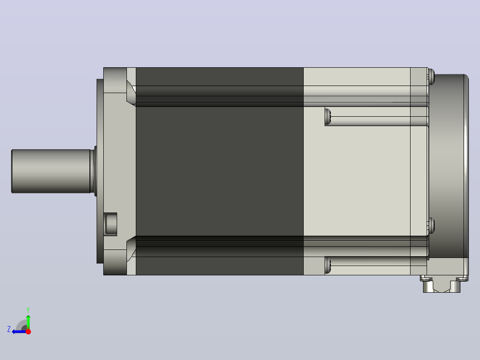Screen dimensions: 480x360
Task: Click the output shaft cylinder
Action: click(x=51, y=171)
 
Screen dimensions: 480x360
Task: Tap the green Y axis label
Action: click(x=28, y=310)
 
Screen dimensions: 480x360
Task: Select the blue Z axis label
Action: click(x=9, y=329)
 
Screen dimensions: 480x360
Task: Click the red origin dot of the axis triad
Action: click(x=28, y=331)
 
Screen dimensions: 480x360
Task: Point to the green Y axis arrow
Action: click(x=28, y=322)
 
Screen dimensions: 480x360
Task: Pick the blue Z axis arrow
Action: click(x=19, y=331)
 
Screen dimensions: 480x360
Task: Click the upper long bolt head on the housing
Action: click(x=328, y=117)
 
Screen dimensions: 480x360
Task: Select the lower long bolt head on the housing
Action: click(x=328, y=266)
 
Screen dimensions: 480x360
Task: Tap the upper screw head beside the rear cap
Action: click(x=431, y=77)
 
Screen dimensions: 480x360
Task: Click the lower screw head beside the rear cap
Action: click(x=431, y=225)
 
